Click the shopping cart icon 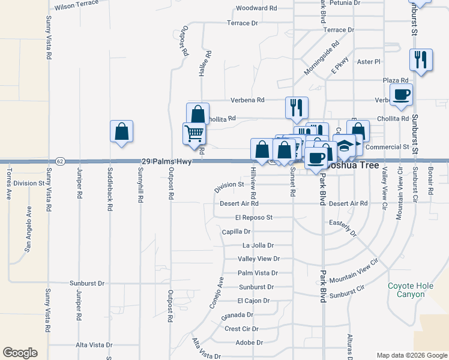194,133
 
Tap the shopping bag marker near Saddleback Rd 121,131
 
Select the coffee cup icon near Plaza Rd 401,94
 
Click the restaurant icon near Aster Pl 421,59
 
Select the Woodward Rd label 256,8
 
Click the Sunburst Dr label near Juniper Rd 87,283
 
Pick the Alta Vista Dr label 94,345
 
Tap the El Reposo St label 254,217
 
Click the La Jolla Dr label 258,245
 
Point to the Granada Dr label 237,315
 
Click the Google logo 20,353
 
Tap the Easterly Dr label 343,227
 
